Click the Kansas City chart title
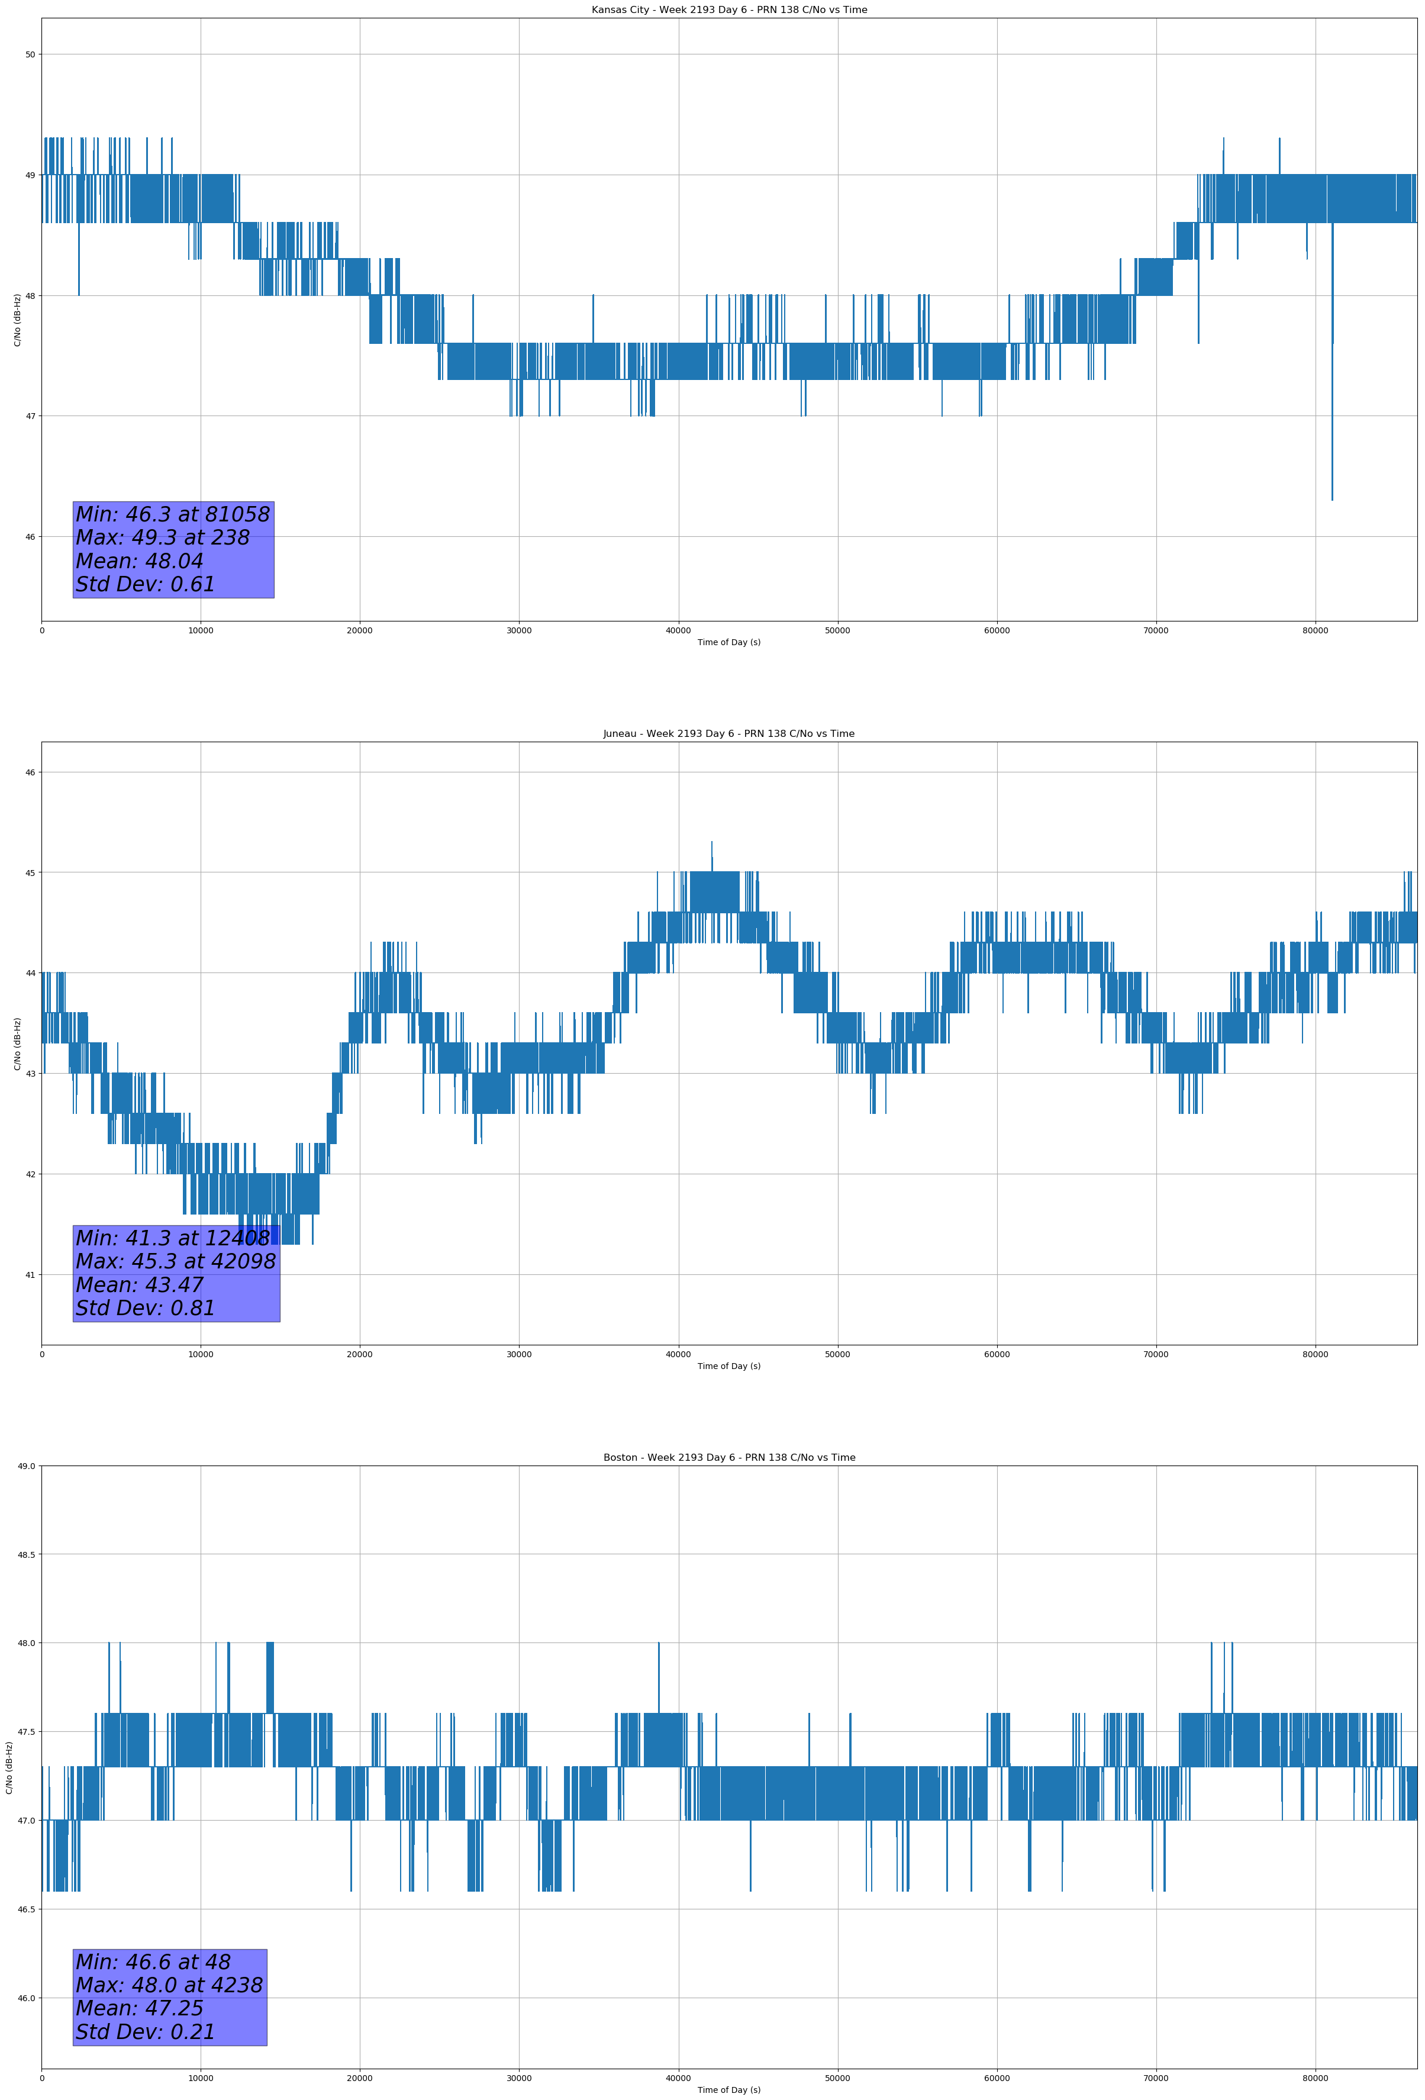[728, 10]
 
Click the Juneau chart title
[728, 734]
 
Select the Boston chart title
[728, 1458]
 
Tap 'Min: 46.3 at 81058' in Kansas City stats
[173, 514]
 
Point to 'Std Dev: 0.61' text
[146, 585]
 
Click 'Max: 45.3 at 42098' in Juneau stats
[175, 1261]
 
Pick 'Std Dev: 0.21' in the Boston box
[146, 2032]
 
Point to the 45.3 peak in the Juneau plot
[711, 842]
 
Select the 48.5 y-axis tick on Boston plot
[26, 1555]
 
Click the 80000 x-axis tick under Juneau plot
[1315, 1354]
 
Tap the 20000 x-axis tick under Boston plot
[360, 2078]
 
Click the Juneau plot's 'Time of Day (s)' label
[728, 1366]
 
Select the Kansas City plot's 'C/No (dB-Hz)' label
[17, 320]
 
